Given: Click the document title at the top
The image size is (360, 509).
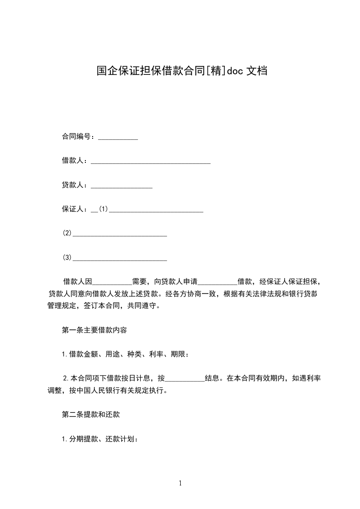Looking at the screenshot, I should pos(181,71).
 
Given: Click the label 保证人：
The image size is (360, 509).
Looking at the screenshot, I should pos(76,209).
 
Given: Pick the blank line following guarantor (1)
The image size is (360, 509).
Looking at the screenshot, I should pos(156,210).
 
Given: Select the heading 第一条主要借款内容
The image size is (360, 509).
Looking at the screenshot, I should pos(94,330).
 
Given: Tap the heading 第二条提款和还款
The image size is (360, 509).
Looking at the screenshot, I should pos(90,414).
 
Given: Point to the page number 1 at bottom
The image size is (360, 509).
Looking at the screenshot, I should pos(180,483).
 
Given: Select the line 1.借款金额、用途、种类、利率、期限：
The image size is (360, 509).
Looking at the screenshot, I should pos(125,354).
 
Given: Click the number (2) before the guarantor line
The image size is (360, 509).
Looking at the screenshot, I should pos(67,234).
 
